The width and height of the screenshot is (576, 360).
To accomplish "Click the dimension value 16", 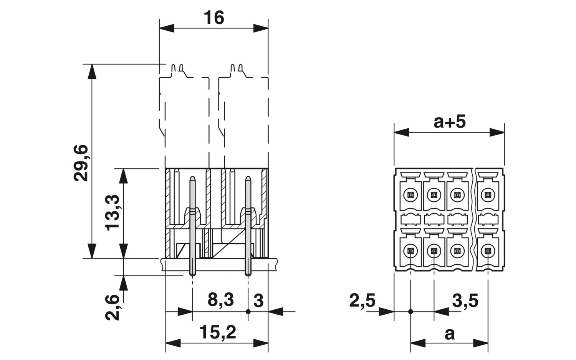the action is (x=214, y=18).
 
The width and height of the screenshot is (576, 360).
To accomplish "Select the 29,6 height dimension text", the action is (x=81, y=163).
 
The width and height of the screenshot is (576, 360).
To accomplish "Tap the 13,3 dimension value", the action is (x=112, y=212).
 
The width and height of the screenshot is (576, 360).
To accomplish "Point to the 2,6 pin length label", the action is (x=112, y=307).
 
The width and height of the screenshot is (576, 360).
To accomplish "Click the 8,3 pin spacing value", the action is (x=221, y=300).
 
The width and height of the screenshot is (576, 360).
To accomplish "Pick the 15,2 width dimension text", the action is (x=218, y=332).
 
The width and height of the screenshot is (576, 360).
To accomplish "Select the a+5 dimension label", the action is (x=450, y=122).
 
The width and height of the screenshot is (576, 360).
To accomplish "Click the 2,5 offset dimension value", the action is (x=362, y=300).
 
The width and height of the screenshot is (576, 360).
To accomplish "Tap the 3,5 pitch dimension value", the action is (x=465, y=300).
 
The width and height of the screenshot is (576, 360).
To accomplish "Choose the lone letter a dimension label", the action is (x=450, y=334).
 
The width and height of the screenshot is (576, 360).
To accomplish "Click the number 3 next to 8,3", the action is (x=258, y=300).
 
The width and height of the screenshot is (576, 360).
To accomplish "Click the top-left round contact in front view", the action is (x=410, y=195).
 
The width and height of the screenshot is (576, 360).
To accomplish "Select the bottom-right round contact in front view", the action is (x=488, y=251).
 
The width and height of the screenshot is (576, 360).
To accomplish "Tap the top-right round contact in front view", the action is (x=488, y=195).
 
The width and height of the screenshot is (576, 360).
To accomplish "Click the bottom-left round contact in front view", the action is (x=410, y=251).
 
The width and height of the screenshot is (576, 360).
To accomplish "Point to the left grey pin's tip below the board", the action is (x=192, y=275).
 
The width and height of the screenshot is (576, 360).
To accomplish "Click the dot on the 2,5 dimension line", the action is (x=410, y=312).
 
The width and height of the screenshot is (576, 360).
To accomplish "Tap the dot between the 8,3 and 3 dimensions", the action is (x=248, y=312).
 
